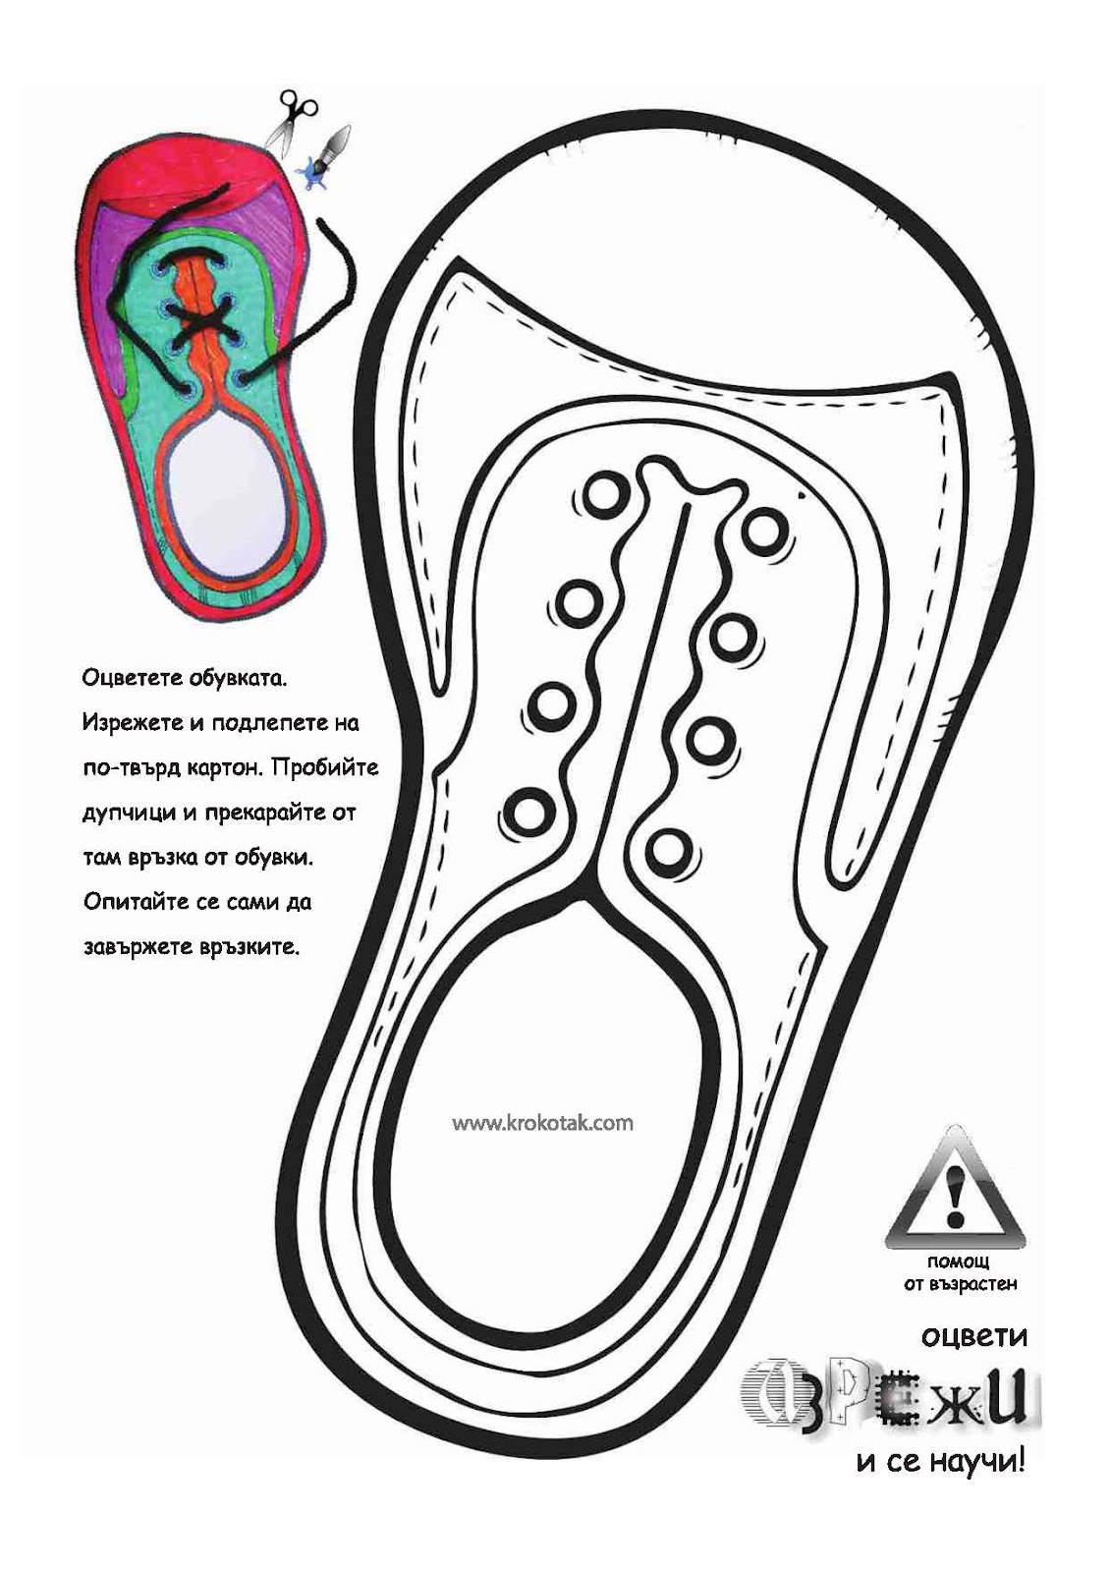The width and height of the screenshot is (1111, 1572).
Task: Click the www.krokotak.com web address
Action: pyautogui.click(x=542, y=1122)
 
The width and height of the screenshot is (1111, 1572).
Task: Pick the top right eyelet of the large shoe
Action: pyautogui.click(x=761, y=532)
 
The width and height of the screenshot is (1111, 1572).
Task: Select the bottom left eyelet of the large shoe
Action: pyautogui.click(x=528, y=811)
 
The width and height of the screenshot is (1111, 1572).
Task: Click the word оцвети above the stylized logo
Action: pyautogui.click(x=973, y=1337)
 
